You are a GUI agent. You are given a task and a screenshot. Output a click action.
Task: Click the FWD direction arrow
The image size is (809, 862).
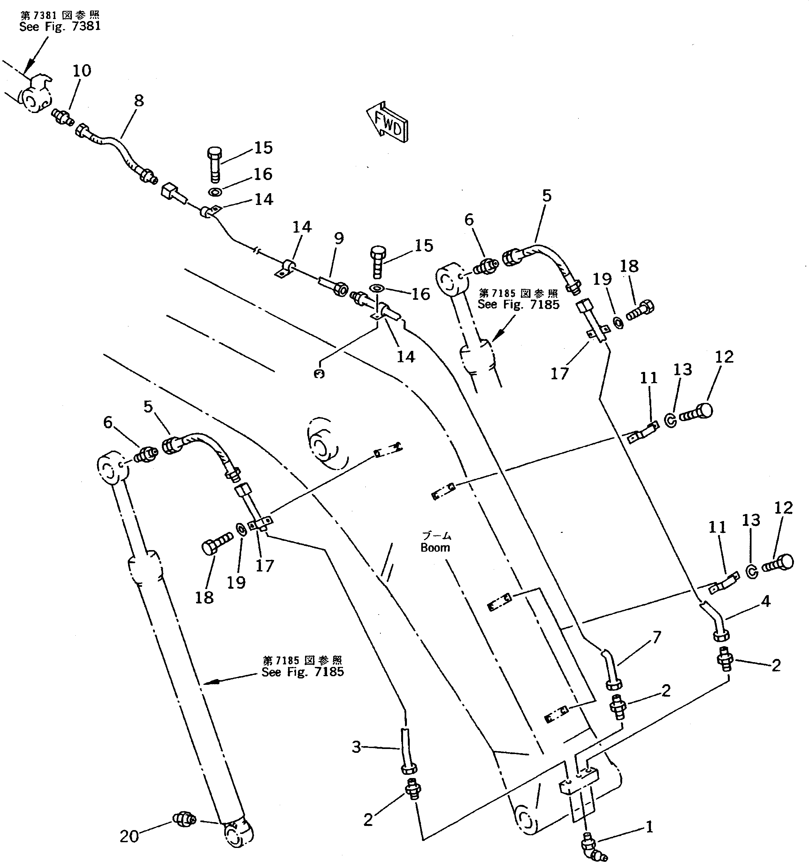(x=387, y=124)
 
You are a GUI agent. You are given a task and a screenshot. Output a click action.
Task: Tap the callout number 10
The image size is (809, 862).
(x=81, y=71)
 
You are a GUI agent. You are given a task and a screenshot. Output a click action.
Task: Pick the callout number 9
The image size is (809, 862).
(x=339, y=238)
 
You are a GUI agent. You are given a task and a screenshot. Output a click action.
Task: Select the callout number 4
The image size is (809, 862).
(x=766, y=601)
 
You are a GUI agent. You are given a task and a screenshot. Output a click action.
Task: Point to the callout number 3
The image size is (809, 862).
(x=356, y=747)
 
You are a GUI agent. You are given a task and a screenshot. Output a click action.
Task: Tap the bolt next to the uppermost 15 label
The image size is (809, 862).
(x=214, y=165)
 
